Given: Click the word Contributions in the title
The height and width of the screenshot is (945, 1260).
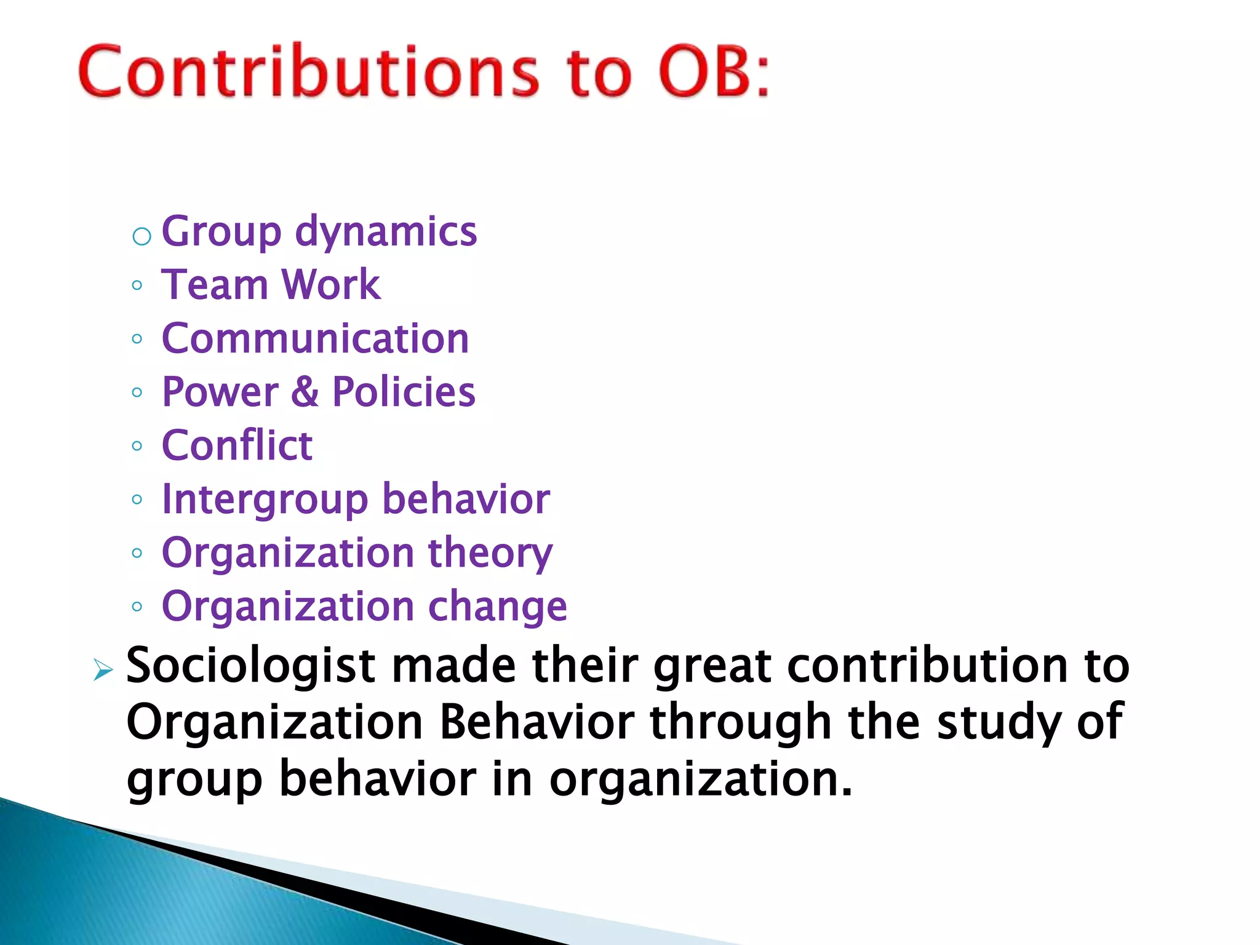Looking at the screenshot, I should click(308, 72).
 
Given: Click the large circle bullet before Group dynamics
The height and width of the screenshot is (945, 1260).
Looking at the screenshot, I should click(142, 236).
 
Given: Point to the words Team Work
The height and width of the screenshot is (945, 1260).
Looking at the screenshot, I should click(271, 285).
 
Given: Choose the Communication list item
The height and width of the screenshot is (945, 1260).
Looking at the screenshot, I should click(315, 338).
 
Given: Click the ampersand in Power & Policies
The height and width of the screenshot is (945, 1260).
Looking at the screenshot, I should click(305, 392).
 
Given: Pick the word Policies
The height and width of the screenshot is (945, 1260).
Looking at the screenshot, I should click(404, 392).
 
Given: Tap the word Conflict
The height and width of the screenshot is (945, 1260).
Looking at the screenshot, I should click(237, 445).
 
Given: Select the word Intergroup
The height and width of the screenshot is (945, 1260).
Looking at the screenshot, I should click(264, 500).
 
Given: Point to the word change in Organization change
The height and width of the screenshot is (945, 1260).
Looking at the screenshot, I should click(497, 607).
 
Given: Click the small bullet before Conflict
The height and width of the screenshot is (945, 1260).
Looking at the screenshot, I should click(137, 446).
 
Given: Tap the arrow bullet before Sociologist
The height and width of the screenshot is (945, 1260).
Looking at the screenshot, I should click(103, 670).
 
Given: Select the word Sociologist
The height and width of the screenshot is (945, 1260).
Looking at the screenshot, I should click(250, 667).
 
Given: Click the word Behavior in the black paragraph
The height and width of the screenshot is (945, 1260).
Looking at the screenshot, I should click(536, 722).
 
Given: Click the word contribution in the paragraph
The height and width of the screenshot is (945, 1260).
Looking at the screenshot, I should click(927, 666).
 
